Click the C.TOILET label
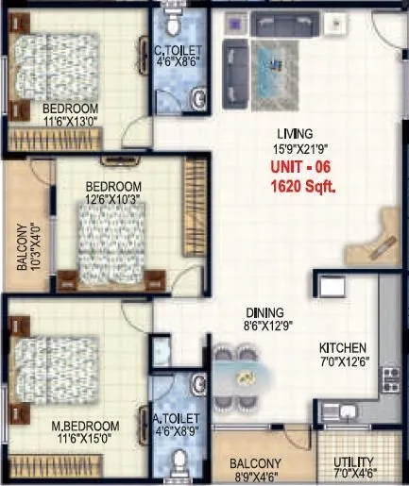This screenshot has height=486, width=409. [x=176, y=52]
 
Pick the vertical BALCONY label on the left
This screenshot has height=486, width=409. [x=23, y=247]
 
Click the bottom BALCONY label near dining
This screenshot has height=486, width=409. [x=255, y=462]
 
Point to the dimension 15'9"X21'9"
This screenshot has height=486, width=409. [x=294, y=147]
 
